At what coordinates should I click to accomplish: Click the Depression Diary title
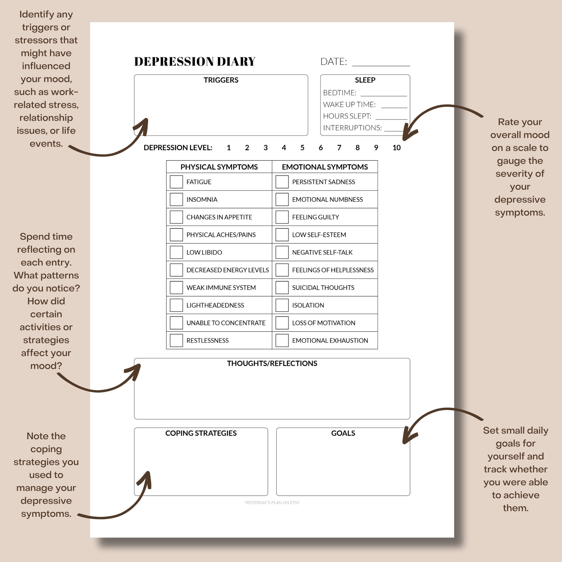click(x=195, y=62)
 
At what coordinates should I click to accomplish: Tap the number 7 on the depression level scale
click(x=339, y=148)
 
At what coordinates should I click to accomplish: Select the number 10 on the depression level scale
click(x=396, y=148)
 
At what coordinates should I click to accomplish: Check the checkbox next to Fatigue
click(x=176, y=182)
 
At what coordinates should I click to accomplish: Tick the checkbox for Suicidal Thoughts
click(x=282, y=287)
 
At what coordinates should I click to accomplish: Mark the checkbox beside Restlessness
click(x=176, y=340)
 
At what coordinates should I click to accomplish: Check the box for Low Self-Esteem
click(x=282, y=235)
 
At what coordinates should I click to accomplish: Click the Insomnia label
click(x=202, y=200)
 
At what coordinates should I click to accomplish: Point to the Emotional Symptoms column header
click(x=325, y=167)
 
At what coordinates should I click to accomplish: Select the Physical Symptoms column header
click(x=219, y=167)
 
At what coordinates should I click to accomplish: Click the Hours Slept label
click(x=347, y=116)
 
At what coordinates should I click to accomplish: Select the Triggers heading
click(x=221, y=80)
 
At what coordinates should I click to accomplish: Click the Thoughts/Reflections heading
click(x=272, y=363)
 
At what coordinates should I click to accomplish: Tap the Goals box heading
click(x=343, y=433)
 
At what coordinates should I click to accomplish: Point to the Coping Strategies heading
click(x=201, y=433)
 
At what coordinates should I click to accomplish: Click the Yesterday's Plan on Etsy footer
click(x=272, y=503)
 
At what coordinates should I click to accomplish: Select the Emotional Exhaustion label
click(x=330, y=340)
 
